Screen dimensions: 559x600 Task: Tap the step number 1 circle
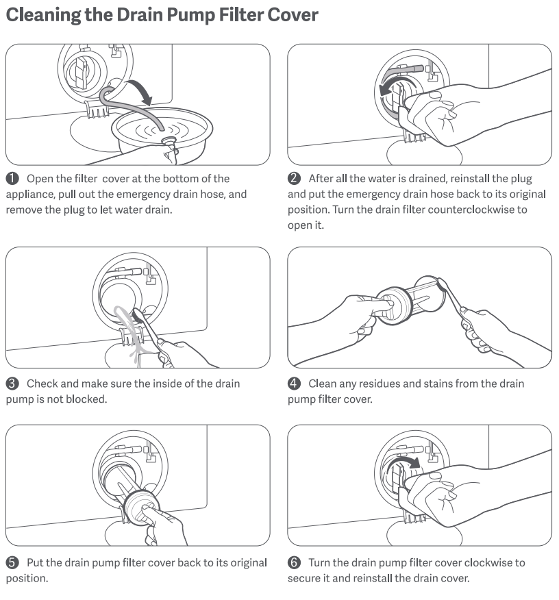click(12, 178)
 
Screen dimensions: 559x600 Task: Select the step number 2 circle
click(294, 178)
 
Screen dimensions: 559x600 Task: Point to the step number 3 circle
click(12, 384)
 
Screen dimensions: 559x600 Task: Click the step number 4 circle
click(294, 384)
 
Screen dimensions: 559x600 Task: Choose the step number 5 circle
click(12, 562)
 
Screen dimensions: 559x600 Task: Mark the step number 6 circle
click(294, 562)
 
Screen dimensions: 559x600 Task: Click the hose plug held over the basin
click(169, 142)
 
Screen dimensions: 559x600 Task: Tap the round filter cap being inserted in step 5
click(140, 507)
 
